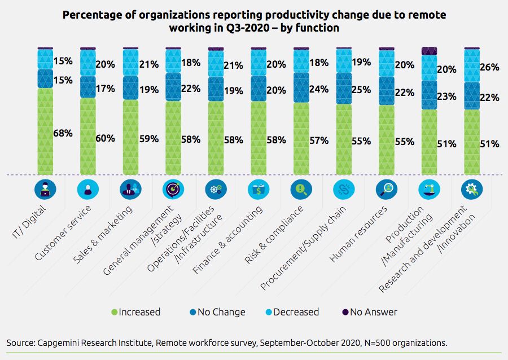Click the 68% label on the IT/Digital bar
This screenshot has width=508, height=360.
(63, 133)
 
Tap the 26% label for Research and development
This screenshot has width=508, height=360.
(489, 67)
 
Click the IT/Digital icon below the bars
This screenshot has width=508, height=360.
(45, 190)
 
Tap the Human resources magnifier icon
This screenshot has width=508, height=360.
(386, 190)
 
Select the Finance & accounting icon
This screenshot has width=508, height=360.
(258, 190)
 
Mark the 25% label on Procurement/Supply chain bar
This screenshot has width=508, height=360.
(361, 90)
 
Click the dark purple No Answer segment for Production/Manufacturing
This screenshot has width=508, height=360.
(430, 51)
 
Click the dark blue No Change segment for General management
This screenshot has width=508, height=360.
(173, 87)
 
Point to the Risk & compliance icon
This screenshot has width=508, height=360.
(300, 190)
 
